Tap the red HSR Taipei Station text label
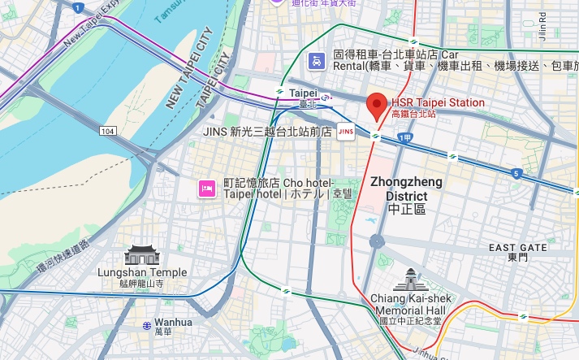click(438, 103)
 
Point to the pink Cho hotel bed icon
click(206, 189)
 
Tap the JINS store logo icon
click(345, 131)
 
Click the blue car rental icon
click(314, 59)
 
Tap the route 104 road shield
click(108, 130)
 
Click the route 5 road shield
click(516, 172)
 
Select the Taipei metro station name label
click(302, 93)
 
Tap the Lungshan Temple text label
click(141, 273)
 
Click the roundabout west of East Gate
click(376, 241)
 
